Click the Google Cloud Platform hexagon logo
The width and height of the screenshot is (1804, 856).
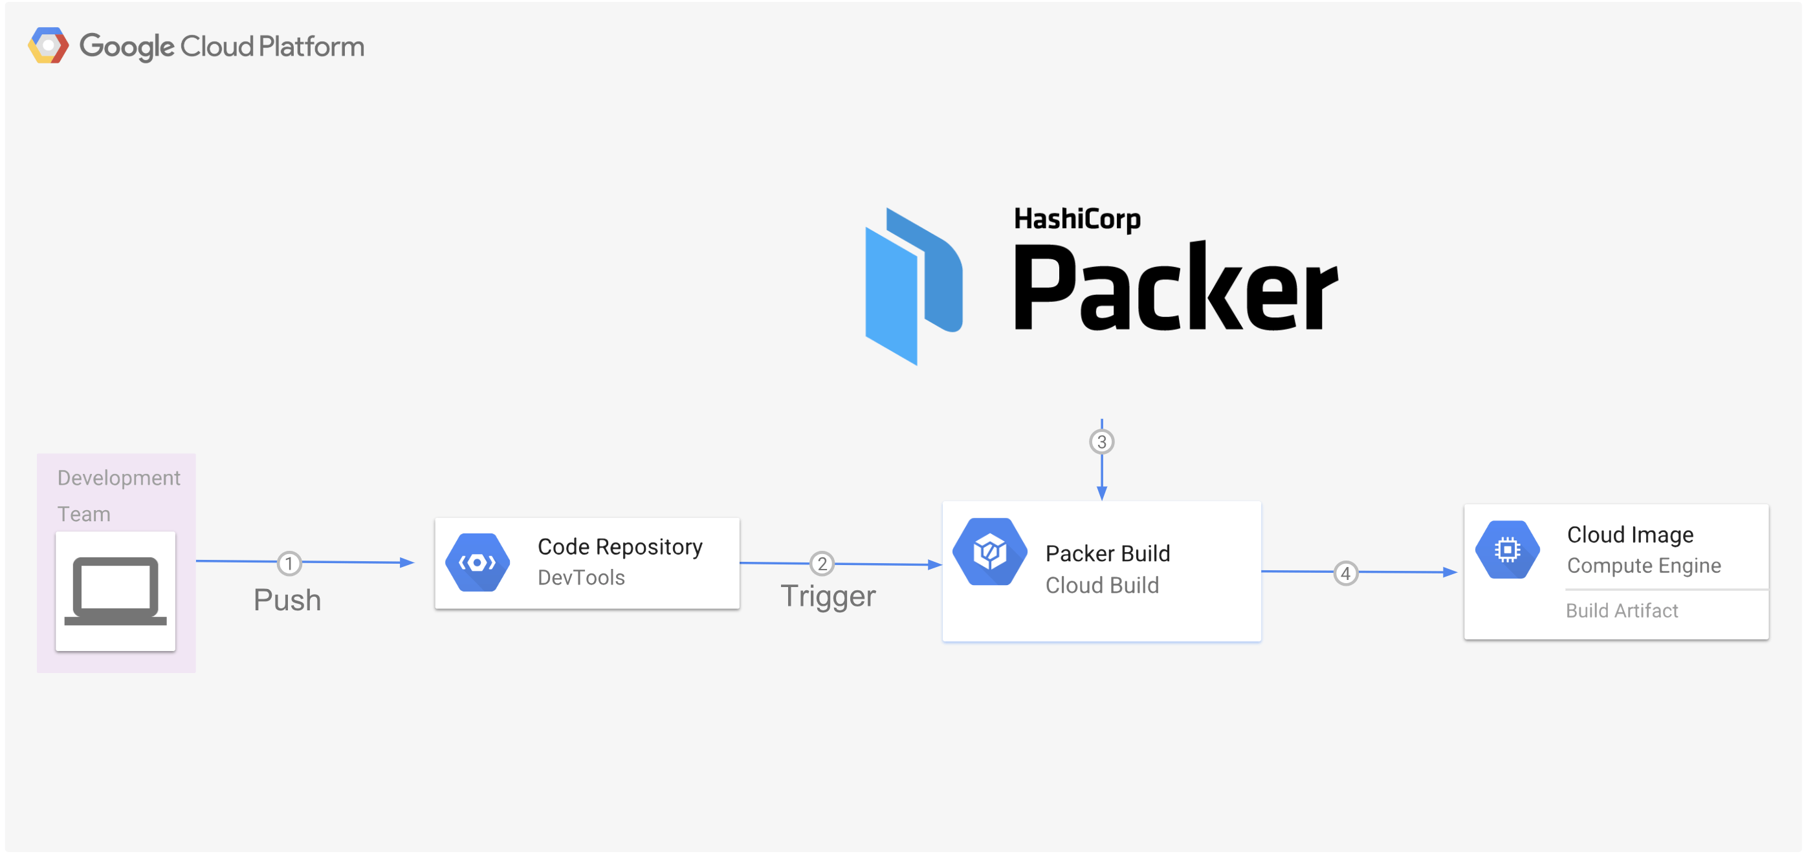coord(49,46)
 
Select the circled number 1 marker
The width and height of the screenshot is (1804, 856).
coord(289,563)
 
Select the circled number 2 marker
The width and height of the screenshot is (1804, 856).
coord(822,563)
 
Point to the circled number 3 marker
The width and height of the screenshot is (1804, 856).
coord(1101,442)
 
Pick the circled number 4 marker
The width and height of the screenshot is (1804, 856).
coord(1345,574)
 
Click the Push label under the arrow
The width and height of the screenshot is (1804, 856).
coord(287,601)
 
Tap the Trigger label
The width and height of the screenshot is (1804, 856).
coord(828,596)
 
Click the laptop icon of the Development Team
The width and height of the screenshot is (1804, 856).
coord(116,592)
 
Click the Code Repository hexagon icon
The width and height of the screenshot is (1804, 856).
coord(478,562)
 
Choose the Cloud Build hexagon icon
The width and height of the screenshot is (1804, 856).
coord(989,552)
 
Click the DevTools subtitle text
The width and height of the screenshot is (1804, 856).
coord(580,578)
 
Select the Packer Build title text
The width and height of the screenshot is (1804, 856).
coord(1106,553)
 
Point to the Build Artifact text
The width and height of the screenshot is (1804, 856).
coord(1622,611)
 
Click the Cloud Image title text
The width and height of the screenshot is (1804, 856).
coord(1630,535)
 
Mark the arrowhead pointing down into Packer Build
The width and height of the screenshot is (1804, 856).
coord(1101,493)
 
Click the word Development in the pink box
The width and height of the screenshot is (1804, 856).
coord(118,478)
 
